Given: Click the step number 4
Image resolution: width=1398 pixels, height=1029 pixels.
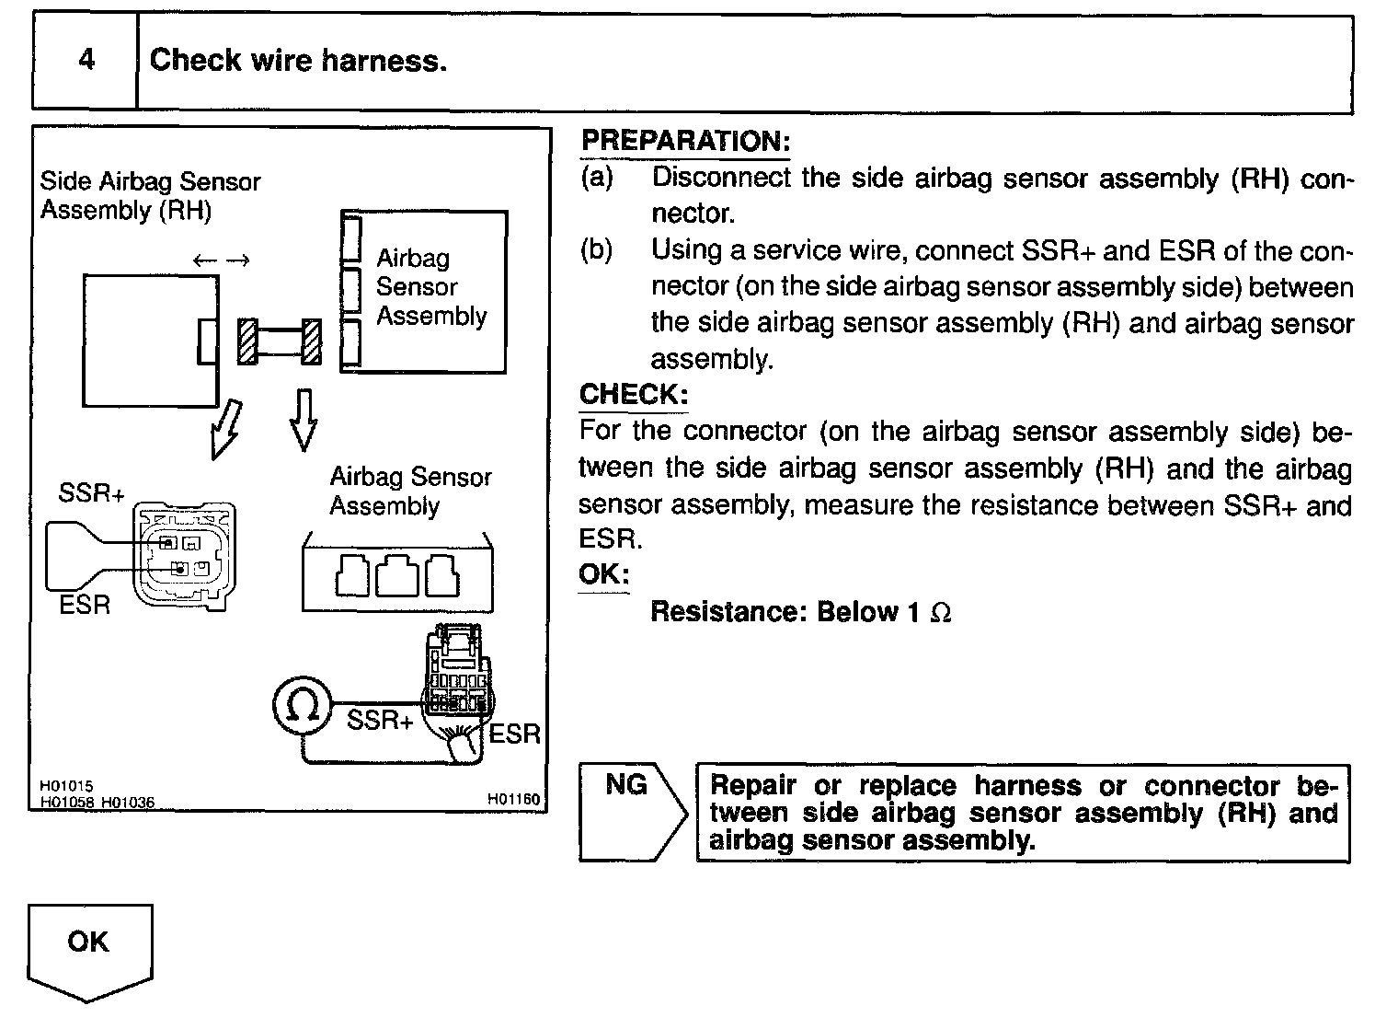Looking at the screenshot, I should (x=86, y=61).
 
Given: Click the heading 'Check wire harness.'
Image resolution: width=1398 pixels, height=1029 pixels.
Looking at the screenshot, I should (x=298, y=61).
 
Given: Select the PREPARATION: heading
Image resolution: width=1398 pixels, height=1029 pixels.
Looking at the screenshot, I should (x=685, y=141).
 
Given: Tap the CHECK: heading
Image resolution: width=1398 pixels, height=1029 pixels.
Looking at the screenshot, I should (x=633, y=395).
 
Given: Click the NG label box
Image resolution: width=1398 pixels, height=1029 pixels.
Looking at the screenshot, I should (x=627, y=786).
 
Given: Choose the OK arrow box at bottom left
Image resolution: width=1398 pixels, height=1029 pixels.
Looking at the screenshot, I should (x=89, y=948).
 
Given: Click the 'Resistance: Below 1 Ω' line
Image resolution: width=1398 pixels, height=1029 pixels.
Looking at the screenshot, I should (x=800, y=612).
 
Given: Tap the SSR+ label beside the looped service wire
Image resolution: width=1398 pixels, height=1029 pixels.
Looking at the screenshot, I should (x=91, y=493).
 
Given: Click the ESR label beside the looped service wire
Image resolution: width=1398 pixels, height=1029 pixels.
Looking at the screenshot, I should (x=85, y=606).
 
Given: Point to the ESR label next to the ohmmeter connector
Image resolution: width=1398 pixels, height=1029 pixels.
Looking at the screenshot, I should (x=515, y=734).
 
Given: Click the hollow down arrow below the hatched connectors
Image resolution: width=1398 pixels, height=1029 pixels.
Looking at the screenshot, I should (x=303, y=420).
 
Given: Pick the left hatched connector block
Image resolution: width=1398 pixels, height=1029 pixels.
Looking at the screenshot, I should (x=247, y=341).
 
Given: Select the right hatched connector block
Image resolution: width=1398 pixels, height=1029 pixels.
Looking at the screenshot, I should (x=313, y=341).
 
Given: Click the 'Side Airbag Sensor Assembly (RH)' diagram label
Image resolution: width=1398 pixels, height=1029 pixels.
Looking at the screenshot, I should (x=150, y=196).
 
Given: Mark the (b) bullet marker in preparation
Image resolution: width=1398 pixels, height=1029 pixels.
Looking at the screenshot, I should (x=596, y=249).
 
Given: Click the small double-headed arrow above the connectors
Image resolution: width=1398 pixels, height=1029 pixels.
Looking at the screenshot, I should (x=222, y=261).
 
